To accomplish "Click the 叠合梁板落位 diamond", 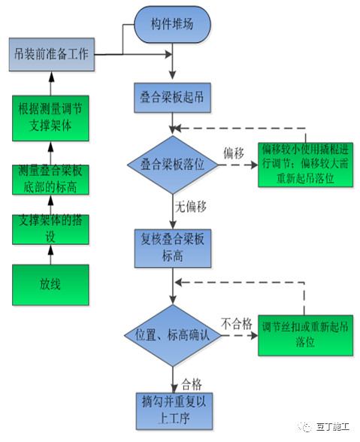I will (174, 164).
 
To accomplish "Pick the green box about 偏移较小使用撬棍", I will (299, 163).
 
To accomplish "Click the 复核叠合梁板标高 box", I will (174, 247).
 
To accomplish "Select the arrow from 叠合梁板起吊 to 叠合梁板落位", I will (174, 125).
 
